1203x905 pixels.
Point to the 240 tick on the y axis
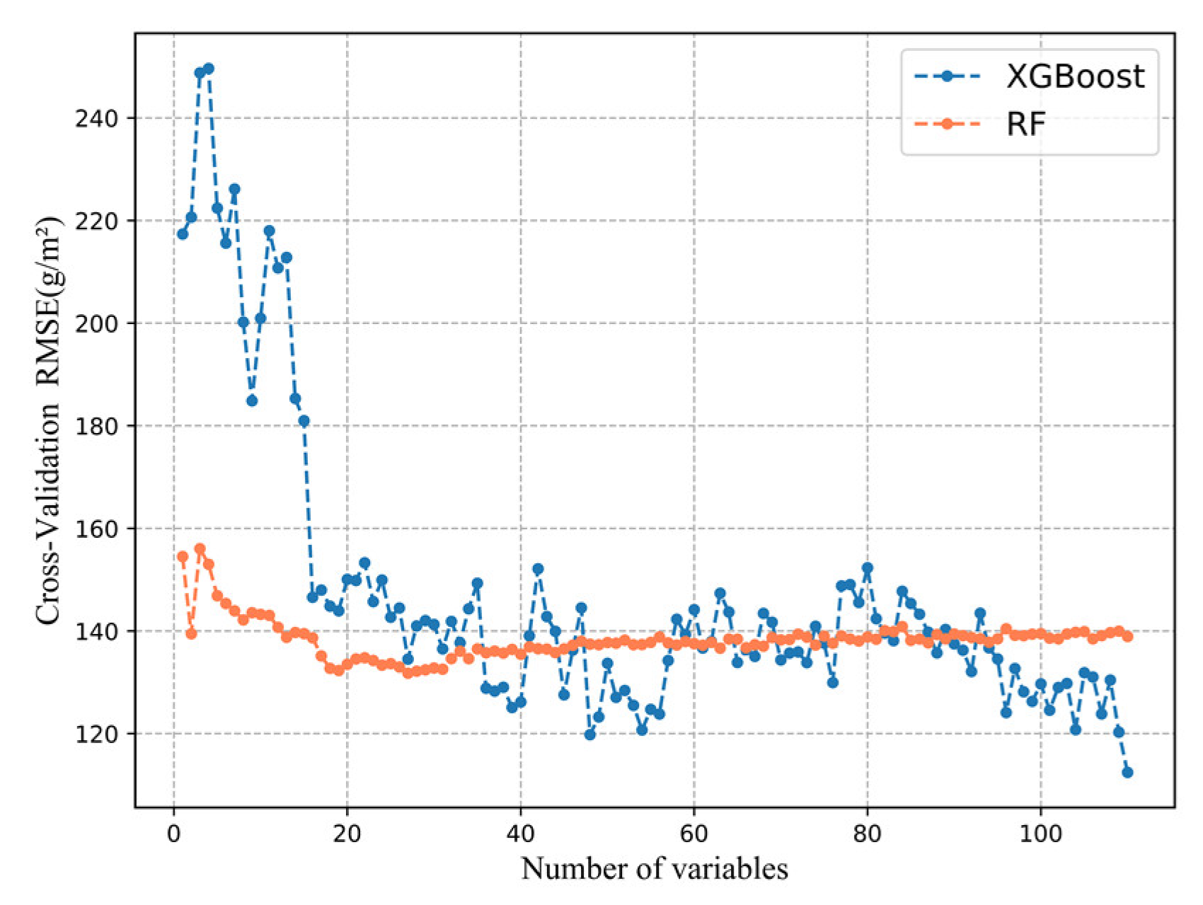(x=96, y=118)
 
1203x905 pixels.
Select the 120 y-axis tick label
(x=96, y=734)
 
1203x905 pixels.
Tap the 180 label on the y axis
(x=96, y=426)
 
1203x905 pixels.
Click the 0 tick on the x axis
(x=174, y=834)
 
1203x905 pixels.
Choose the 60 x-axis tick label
(x=693, y=834)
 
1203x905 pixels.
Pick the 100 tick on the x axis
(x=1040, y=834)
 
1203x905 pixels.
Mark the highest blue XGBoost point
(x=209, y=69)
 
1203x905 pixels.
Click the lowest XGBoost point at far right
(x=1127, y=772)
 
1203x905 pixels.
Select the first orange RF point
(x=183, y=557)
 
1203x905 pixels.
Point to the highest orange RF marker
(x=200, y=548)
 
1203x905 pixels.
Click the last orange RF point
(x=1127, y=636)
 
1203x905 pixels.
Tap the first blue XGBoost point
(x=183, y=234)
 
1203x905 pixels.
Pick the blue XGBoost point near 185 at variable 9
(x=252, y=400)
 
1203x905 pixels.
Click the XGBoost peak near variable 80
(x=868, y=567)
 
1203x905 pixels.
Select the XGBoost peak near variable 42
(x=538, y=569)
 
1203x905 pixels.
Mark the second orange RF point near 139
(x=191, y=633)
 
